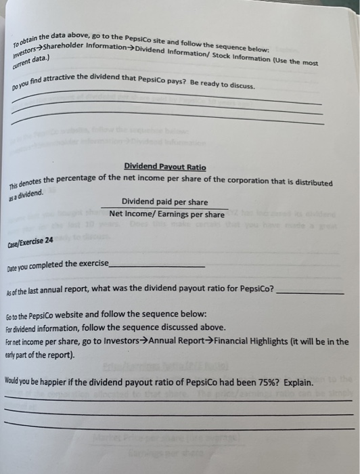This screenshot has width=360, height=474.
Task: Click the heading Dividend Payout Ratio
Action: pyautogui.click(x=165, y=167)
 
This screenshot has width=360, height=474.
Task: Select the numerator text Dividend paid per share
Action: pyautogui.click(x=164, y=202)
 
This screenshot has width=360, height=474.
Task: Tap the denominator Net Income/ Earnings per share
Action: pyautogui.click(x=166, y=215)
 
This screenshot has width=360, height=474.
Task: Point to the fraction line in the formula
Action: pyautogui.click(x=164, y=209)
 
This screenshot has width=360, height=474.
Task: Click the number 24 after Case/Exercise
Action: pyautogui.click(x=49, y=240)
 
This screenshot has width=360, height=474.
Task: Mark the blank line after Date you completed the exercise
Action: pyautogui.click(x=156, y=266)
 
